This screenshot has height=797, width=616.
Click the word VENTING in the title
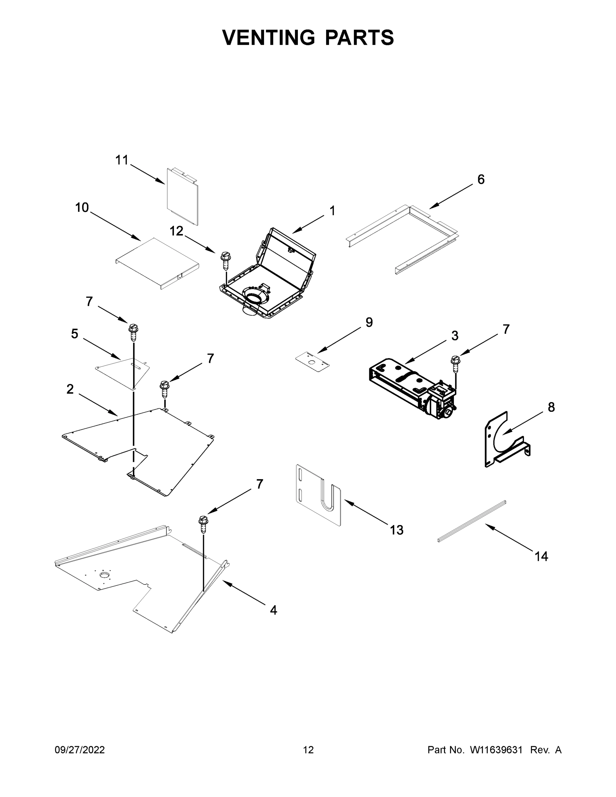click(x=268, y=37)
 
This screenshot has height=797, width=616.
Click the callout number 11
click(x=122, y=160)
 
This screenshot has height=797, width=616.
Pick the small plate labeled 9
click(x=312, y=361)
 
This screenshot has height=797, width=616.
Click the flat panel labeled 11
click(x=182, y=197)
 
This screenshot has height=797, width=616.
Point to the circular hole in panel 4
click(x=105, y=576)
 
